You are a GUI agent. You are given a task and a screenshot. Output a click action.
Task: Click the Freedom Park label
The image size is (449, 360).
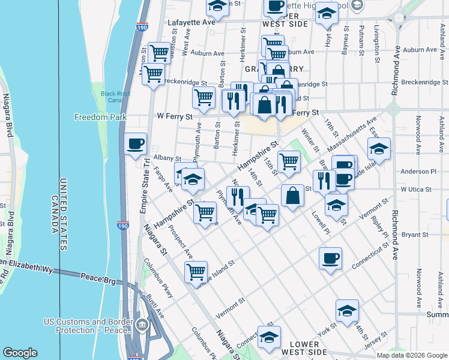click(x=100, y=117)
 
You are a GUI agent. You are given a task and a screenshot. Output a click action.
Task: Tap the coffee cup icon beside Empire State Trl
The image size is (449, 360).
click(x=136, y=144)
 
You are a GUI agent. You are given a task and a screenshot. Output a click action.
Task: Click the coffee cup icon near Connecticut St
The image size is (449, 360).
click(x=330, y=259)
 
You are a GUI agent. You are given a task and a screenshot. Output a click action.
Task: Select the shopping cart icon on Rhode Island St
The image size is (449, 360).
click(x=196, y=272)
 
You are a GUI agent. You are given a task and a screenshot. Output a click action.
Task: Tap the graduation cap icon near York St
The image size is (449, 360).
click(x=347, y=311)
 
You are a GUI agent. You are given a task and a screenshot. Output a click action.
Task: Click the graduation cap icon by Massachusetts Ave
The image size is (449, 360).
click(x=379, y=149)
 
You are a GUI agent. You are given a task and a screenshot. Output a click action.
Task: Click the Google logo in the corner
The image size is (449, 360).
click(x=20, y=353)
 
